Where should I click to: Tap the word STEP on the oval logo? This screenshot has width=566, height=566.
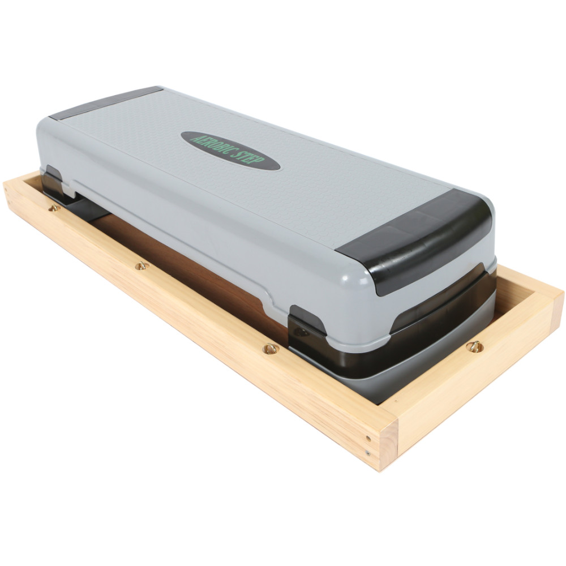pyautogui.click(x=251, y=158)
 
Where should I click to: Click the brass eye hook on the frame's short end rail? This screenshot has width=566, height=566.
pyautogui.click(x=475, y=347)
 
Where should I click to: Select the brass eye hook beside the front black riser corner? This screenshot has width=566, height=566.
pyautogui.click(x=271, y=349)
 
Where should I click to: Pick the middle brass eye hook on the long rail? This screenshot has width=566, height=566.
pyautogui.click(x=141, y=266)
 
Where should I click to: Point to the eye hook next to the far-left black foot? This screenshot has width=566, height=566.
pyautogui.click(x=54, y=208)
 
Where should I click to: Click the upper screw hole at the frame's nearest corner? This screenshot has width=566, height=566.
pyautogui.click(x=368, y=439)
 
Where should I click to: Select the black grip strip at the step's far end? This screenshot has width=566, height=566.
pyautogui.click(x=105, y=103)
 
